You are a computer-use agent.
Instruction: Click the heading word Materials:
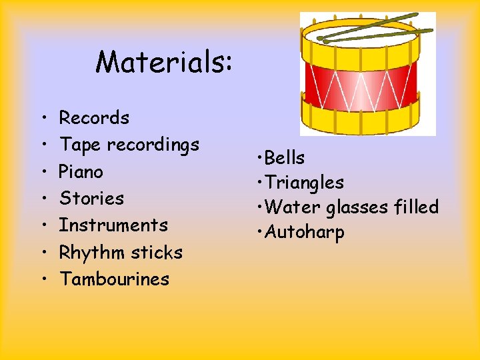point(164,63)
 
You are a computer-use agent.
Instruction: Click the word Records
point(94,118)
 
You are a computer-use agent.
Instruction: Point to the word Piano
point(81,171)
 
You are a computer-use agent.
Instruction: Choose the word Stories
point(91,198)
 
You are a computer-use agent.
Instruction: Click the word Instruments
point(113,225)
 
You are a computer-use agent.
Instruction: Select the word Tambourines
point(114,279)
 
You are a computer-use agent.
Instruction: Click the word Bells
point(285,158)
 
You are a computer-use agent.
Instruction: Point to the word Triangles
point(304,183)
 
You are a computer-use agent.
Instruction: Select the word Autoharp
point(304,233)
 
